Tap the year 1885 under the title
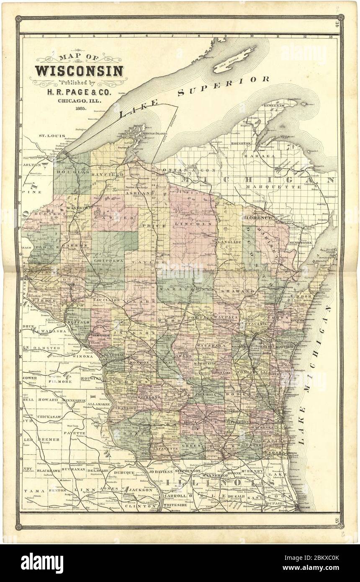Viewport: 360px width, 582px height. point(81,108)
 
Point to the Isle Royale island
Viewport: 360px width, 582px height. point(234,61)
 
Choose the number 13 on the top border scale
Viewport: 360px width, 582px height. point(331,37)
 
